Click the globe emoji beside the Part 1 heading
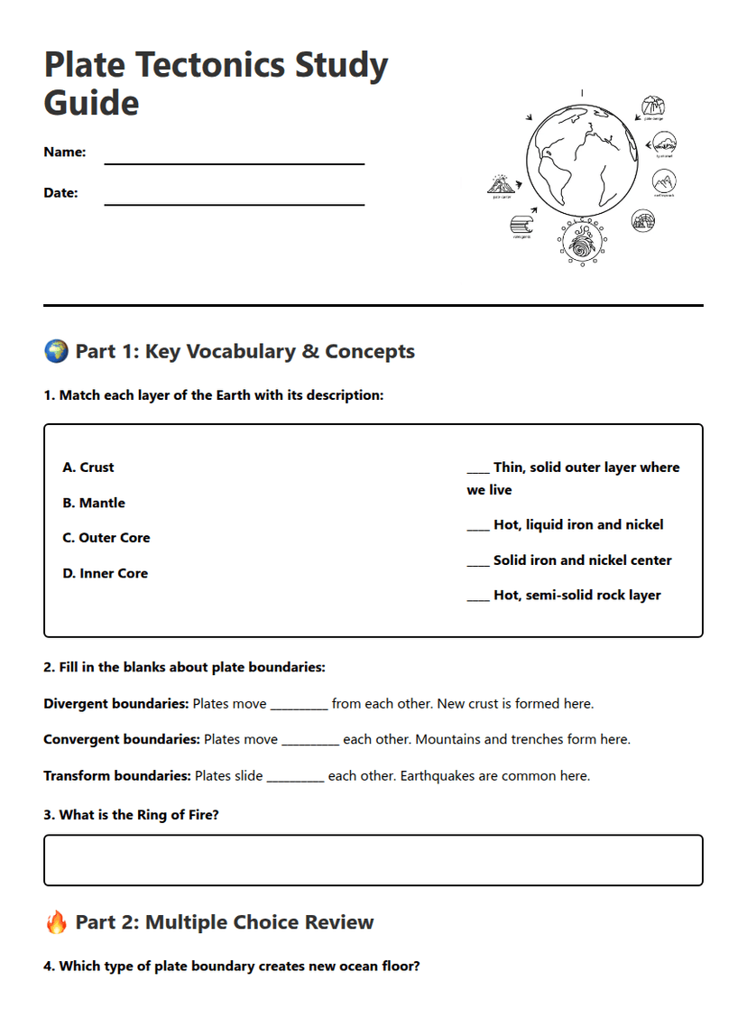56,351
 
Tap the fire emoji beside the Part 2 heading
56,921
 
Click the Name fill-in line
234,162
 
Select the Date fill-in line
234,203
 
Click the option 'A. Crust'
88,467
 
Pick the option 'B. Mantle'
94,503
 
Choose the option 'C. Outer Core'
106,538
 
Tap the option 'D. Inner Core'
105,573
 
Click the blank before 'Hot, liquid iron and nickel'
477,526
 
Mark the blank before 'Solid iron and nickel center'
477,561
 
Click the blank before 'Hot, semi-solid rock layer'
477,597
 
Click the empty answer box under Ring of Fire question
373,860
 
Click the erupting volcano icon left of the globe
500,184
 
